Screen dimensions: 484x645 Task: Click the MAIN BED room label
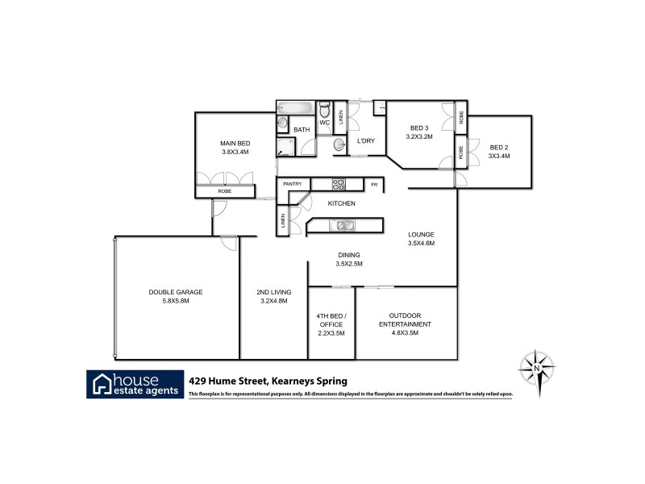coord(234,142)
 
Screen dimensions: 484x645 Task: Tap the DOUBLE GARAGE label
coord(175,291)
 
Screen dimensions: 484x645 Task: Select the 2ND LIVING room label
coord(274,291)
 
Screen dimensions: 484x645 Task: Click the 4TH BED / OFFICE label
coord(331,319)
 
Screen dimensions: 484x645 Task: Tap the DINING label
coord(349,255)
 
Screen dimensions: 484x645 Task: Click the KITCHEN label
coord(341,203)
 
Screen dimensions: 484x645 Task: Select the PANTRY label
coord(292,185)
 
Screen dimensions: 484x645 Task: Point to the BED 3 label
coord(419,128)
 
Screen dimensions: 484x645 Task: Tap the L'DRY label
coord(366,141)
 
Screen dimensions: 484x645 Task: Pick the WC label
coord(325,123)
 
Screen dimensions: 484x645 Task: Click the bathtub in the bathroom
coord(297,108)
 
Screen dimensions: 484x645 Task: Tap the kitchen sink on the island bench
coord(343,225)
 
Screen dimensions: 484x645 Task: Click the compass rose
coord(536,368)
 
